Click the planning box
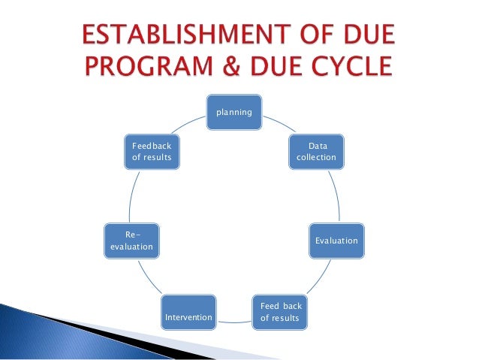(x=235, y=111)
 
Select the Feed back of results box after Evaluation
(x=280, y=313)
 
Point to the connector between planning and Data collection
(x=277, y=119)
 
